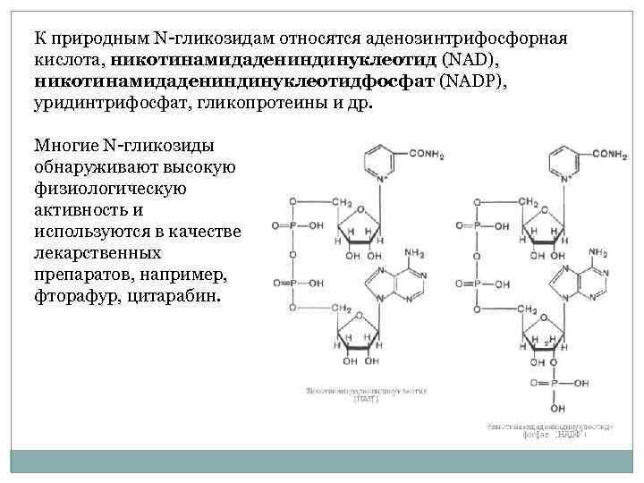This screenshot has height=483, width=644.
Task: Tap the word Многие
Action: (x=65, y=145)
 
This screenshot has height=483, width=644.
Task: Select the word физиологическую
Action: (x=109, y=188)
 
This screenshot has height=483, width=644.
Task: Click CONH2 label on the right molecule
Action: (x=608, y=154)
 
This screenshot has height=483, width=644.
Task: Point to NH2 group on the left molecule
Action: (x=415, y=253)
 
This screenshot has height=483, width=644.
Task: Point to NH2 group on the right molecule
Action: (x=597, y=253)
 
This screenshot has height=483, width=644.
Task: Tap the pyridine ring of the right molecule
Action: (x=559, y=161)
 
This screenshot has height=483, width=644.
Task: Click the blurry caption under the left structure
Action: (x=368, y=395)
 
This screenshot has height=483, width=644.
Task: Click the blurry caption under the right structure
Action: (x=549, y=433)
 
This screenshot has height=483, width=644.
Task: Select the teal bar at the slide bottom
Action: (x=322, y=462)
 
